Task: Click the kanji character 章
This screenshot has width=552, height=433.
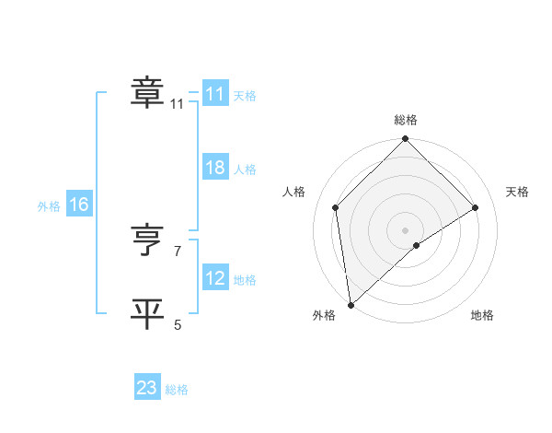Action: click(x=148, y=94)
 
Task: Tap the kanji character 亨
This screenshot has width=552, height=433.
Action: click(x=148, y=242)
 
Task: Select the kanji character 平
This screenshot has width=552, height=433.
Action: click(x=148, y=314)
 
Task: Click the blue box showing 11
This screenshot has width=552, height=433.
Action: click(x=215, y=94)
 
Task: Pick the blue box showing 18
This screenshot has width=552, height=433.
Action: click(x=215, y=169)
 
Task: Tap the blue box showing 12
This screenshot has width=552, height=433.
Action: click(x=215, y=279)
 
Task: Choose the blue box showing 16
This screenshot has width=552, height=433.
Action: click(x=79, y=205)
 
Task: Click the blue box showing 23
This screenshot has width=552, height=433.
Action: click(x=147, y=388)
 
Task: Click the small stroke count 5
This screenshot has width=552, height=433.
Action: click(x=178, y=324)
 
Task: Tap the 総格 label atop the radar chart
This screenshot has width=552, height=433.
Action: click(x=406, y=120)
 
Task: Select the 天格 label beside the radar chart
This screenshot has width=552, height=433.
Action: click(x=517, y=192)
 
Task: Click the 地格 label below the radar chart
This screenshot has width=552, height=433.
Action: click(x=482, y=315)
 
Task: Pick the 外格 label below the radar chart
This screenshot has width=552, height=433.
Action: click(x=324, y=315)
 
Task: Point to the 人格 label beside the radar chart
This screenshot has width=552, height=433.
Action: click(x=294, y=192)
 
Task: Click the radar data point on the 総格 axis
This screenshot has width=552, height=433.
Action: click(x=406, y=140)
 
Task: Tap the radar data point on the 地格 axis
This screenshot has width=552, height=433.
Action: click(x=417, y=245)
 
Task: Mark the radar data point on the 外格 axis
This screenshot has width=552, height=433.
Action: click(x=351, y=304)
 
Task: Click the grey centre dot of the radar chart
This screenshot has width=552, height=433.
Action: click(x=406, y=229)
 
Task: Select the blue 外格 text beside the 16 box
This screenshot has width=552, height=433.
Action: click(x=49, y=206)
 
